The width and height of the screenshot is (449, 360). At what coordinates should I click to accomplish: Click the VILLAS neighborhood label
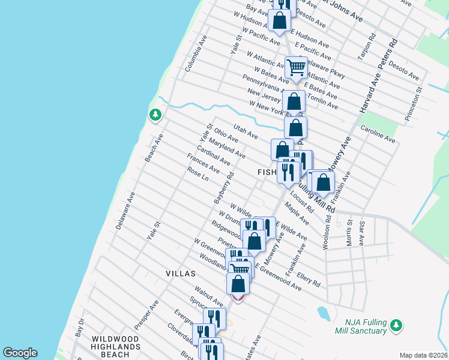tap(181, 274)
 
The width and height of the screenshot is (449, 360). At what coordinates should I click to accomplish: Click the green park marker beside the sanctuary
tap(395, 325)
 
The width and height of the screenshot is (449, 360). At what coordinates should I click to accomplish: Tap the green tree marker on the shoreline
tap(155, 114)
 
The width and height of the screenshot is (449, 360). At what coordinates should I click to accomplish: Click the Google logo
tap(20, 353)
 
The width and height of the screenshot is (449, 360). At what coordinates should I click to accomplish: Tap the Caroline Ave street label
tap(378, 134)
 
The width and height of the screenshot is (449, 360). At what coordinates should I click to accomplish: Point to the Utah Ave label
tap(246, 131)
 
